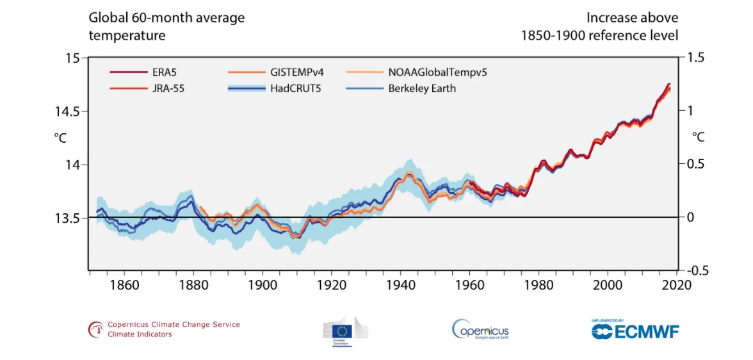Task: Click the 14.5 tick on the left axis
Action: [68, 111]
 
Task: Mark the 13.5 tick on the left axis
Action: [68, 218]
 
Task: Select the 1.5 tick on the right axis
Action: [695, 58]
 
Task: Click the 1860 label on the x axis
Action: [124, 284]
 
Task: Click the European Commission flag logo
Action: [346, 331]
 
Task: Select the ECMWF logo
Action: [635, 331]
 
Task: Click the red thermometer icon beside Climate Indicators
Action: [96, 329]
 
